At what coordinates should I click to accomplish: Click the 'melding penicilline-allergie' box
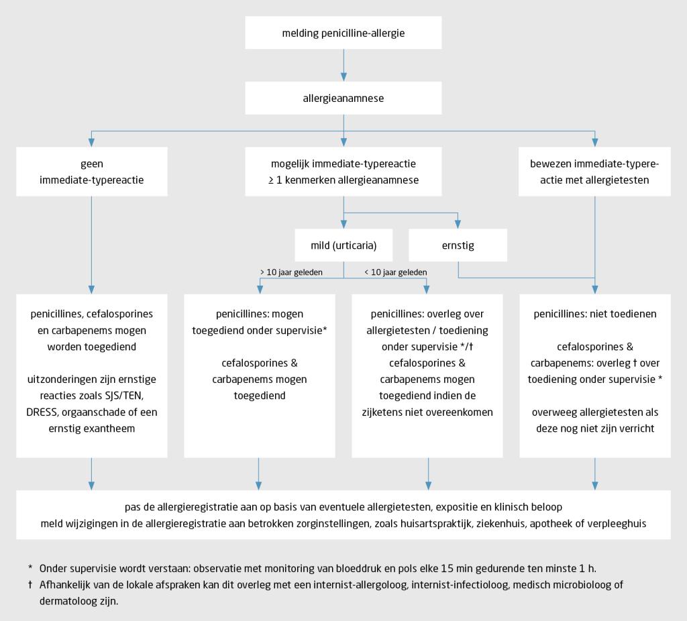coord(343,33)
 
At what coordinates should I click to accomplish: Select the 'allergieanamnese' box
coord(343,98)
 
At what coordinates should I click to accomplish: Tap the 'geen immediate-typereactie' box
coord(91,172)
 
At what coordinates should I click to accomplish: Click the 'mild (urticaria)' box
coord(343,245)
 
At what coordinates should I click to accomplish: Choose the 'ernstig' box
coord(458,245)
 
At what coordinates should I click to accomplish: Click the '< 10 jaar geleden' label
coord(395,272)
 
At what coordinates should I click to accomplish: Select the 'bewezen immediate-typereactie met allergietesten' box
coord(594,172)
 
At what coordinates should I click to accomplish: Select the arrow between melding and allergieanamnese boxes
coord(343,66)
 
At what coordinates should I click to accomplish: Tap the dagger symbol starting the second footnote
coord(30,585)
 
